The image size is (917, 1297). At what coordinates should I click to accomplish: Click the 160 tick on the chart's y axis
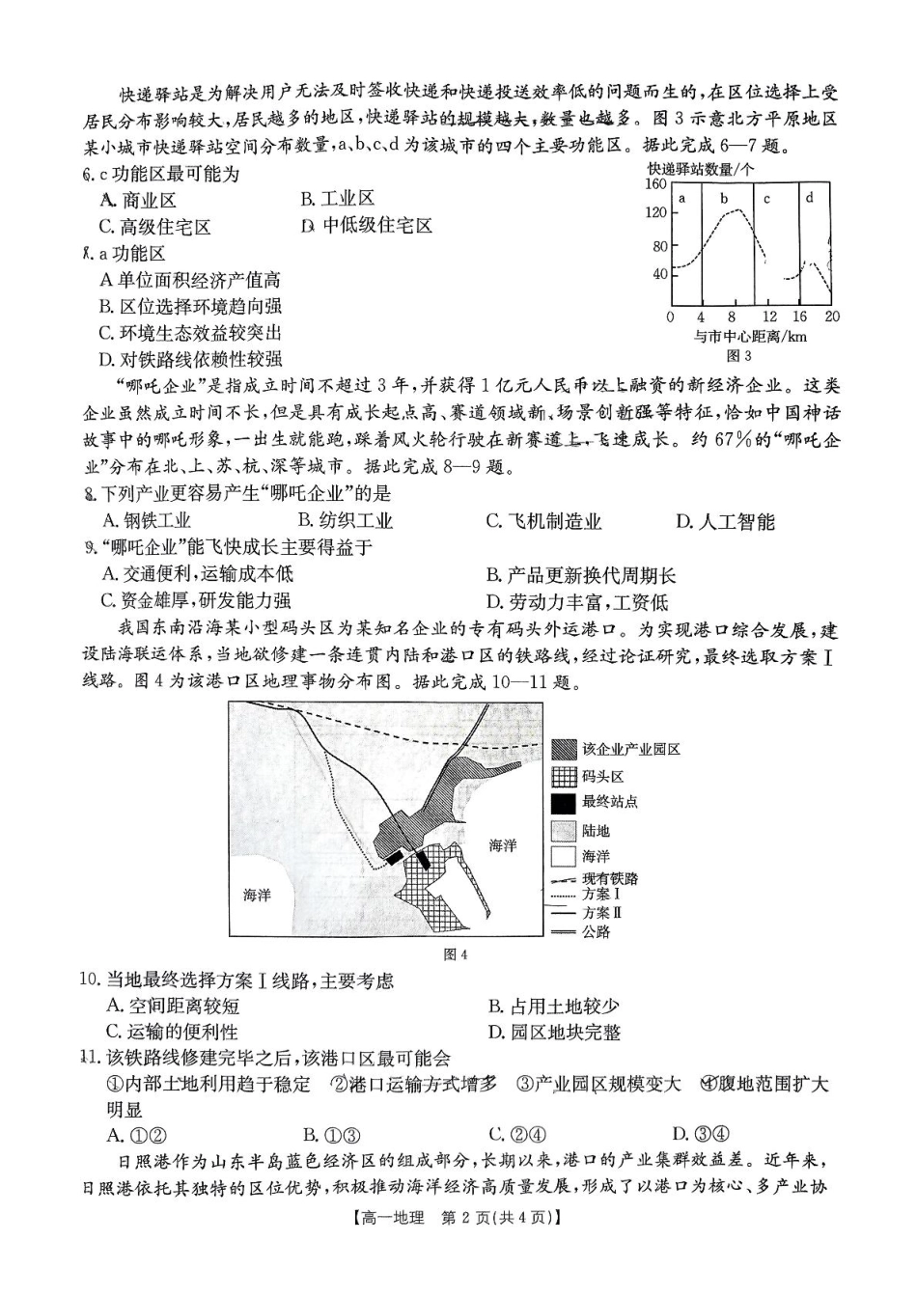[656, 183]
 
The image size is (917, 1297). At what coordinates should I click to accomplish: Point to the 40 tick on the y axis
[660, 274]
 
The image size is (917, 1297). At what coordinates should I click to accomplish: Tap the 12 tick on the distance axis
[768, 317]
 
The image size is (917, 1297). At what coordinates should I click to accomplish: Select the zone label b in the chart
[724, 199]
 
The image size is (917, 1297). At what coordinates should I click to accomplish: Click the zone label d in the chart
[810, 198]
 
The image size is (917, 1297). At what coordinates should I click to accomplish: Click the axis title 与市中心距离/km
[749, 337]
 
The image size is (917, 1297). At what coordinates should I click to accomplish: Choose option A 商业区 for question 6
[139, 200]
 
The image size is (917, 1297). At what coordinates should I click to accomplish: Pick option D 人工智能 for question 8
[725, 522]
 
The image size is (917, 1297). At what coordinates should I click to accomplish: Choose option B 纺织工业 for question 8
[343, 522]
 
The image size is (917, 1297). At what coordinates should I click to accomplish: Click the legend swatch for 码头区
[564, 777]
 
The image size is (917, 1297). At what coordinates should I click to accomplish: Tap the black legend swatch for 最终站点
[564, 803]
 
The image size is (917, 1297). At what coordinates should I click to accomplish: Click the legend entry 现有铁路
[595, 879]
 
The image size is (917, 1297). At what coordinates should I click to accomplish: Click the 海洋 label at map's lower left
[258, 895]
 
